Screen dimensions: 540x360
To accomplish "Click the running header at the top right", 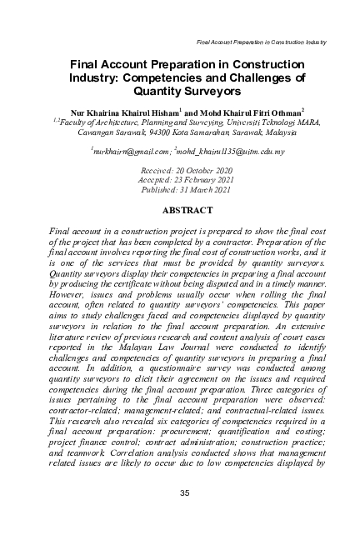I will tap(260, 42).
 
